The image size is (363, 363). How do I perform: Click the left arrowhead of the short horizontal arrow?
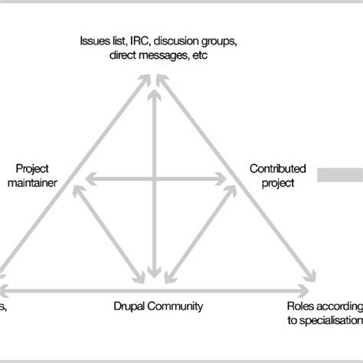(87, 180)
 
